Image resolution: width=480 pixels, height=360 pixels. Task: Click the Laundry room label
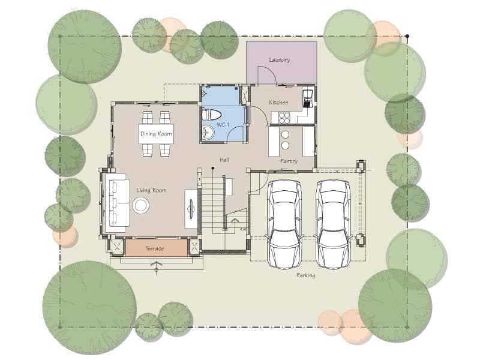[279, 60]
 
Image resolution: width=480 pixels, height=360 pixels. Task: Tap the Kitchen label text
[278, 103]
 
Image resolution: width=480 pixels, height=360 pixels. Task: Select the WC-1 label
[223, 125]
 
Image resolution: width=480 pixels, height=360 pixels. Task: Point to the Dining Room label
[156, 134]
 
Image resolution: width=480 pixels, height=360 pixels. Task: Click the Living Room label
[152, 190]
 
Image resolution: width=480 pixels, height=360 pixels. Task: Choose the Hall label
[224, 160]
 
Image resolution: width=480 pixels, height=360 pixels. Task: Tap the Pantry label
[289, 161]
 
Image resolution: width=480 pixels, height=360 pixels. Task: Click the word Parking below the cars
[305, 275]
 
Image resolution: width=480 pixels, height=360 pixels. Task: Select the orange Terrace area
[157, 248]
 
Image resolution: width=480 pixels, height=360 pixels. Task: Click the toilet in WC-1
[212, 115]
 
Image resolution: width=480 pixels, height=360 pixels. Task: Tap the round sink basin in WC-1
[208, 133]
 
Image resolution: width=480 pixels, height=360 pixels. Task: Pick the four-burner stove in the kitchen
[284, 118]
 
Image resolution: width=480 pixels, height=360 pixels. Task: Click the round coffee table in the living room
[141, 205]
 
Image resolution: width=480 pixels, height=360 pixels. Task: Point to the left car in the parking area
[284, 224]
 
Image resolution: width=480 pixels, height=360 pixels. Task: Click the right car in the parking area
[333, 224]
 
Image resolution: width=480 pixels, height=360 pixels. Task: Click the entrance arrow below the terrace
[157, 266]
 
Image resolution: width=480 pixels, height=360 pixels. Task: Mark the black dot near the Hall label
[213, 168]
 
